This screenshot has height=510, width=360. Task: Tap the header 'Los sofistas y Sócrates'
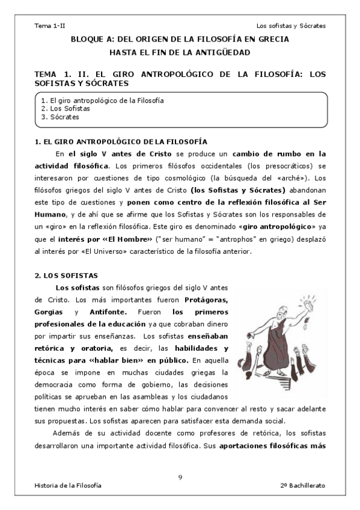291,26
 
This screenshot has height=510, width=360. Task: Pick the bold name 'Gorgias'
50,312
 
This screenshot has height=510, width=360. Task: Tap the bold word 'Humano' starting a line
49,214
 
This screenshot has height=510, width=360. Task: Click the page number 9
180,477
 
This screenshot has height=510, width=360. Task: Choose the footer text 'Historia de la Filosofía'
68,485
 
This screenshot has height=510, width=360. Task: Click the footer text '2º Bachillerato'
302,485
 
